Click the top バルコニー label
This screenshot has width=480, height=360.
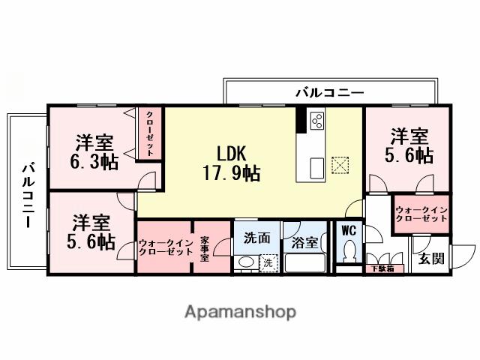(x=329, y=93)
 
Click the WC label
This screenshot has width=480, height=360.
(x=348, y=231)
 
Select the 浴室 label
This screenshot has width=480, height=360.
(x=304, y=243)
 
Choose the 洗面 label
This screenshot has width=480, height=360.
(x=256, y=238)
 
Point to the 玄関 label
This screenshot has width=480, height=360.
(x=430, y=259)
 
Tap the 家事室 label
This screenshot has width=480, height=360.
(x=204, y=247)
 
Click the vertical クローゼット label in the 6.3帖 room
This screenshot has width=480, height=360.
(x=149, y=134)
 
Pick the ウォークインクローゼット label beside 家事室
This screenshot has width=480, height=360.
(x=164, y=247)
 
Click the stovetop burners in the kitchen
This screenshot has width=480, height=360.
(x=316, y=121)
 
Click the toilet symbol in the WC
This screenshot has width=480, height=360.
(x=348, y=255)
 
